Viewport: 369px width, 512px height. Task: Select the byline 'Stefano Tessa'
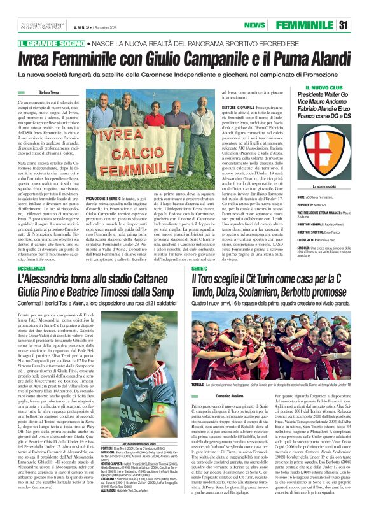(x=48, y=92)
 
